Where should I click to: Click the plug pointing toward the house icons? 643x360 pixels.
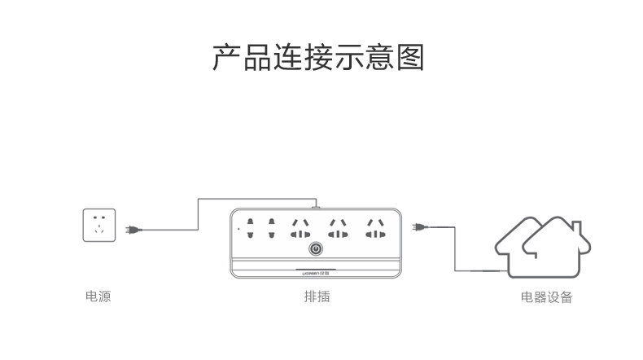[x=419, y=227]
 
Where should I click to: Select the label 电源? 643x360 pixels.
[x=98, y=296]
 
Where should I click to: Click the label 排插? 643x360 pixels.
[x=317, y=296]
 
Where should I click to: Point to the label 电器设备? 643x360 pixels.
[x=547, y=297]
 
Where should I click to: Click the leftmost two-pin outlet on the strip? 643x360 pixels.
[x=251, y=229]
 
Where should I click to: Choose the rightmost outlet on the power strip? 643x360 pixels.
[x=375, y=229]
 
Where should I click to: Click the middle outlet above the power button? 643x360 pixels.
[x=337, y=229]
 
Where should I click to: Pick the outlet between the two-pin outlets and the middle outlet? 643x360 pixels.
[x=299, y=229]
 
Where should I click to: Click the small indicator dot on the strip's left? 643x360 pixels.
[x=238, y=230]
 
